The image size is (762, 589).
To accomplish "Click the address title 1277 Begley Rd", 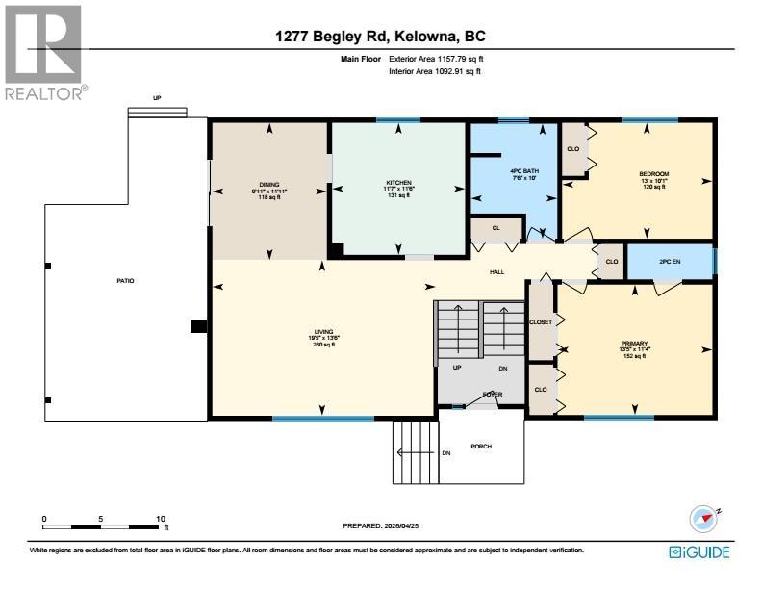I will coord(380,37).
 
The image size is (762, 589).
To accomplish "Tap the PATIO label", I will coord(125,281).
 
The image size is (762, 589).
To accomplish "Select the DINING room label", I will coord(268,184).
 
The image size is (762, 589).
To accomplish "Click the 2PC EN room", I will coord(668,261).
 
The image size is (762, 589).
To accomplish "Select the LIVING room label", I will coord(322,332).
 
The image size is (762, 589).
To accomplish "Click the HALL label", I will coord(496,272).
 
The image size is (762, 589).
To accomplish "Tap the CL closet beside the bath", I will coord(495,229).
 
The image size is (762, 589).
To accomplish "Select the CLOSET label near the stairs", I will coord(541,322).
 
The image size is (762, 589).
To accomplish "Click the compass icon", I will coord(704,518).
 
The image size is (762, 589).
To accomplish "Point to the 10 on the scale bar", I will coord(161,519).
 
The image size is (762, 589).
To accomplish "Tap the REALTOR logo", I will coord(44,53).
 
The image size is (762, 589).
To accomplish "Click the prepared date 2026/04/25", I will coord(383,525).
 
